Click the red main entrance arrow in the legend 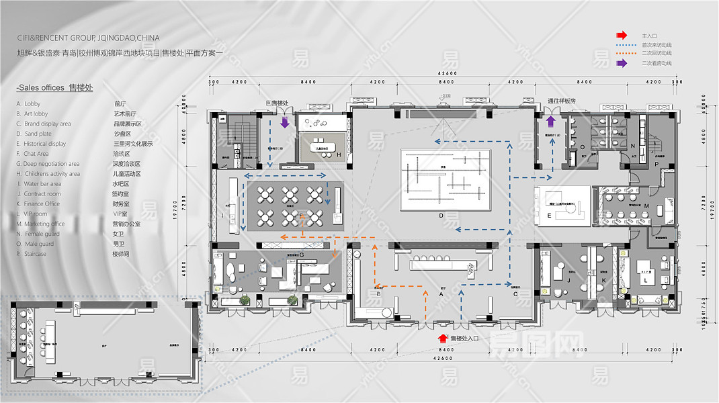[x=622, y=36]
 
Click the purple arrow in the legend [x=622, y=63]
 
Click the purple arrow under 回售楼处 [x=284, y=122]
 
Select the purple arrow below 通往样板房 [x=550, y=121]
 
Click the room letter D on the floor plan [x=441, y=216]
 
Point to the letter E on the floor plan [x=549, y=216]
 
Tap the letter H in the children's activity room [x=339, y=156]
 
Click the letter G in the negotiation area [x=301, y=255]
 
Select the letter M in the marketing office [x=646, y=206]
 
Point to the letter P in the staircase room [x=656, y=164]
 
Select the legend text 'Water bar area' [x=42, y=184]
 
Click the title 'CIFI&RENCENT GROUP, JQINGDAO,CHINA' [x=89, y=38]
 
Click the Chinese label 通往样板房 [x=562, y=101]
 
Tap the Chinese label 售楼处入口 [x=464, y=339]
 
